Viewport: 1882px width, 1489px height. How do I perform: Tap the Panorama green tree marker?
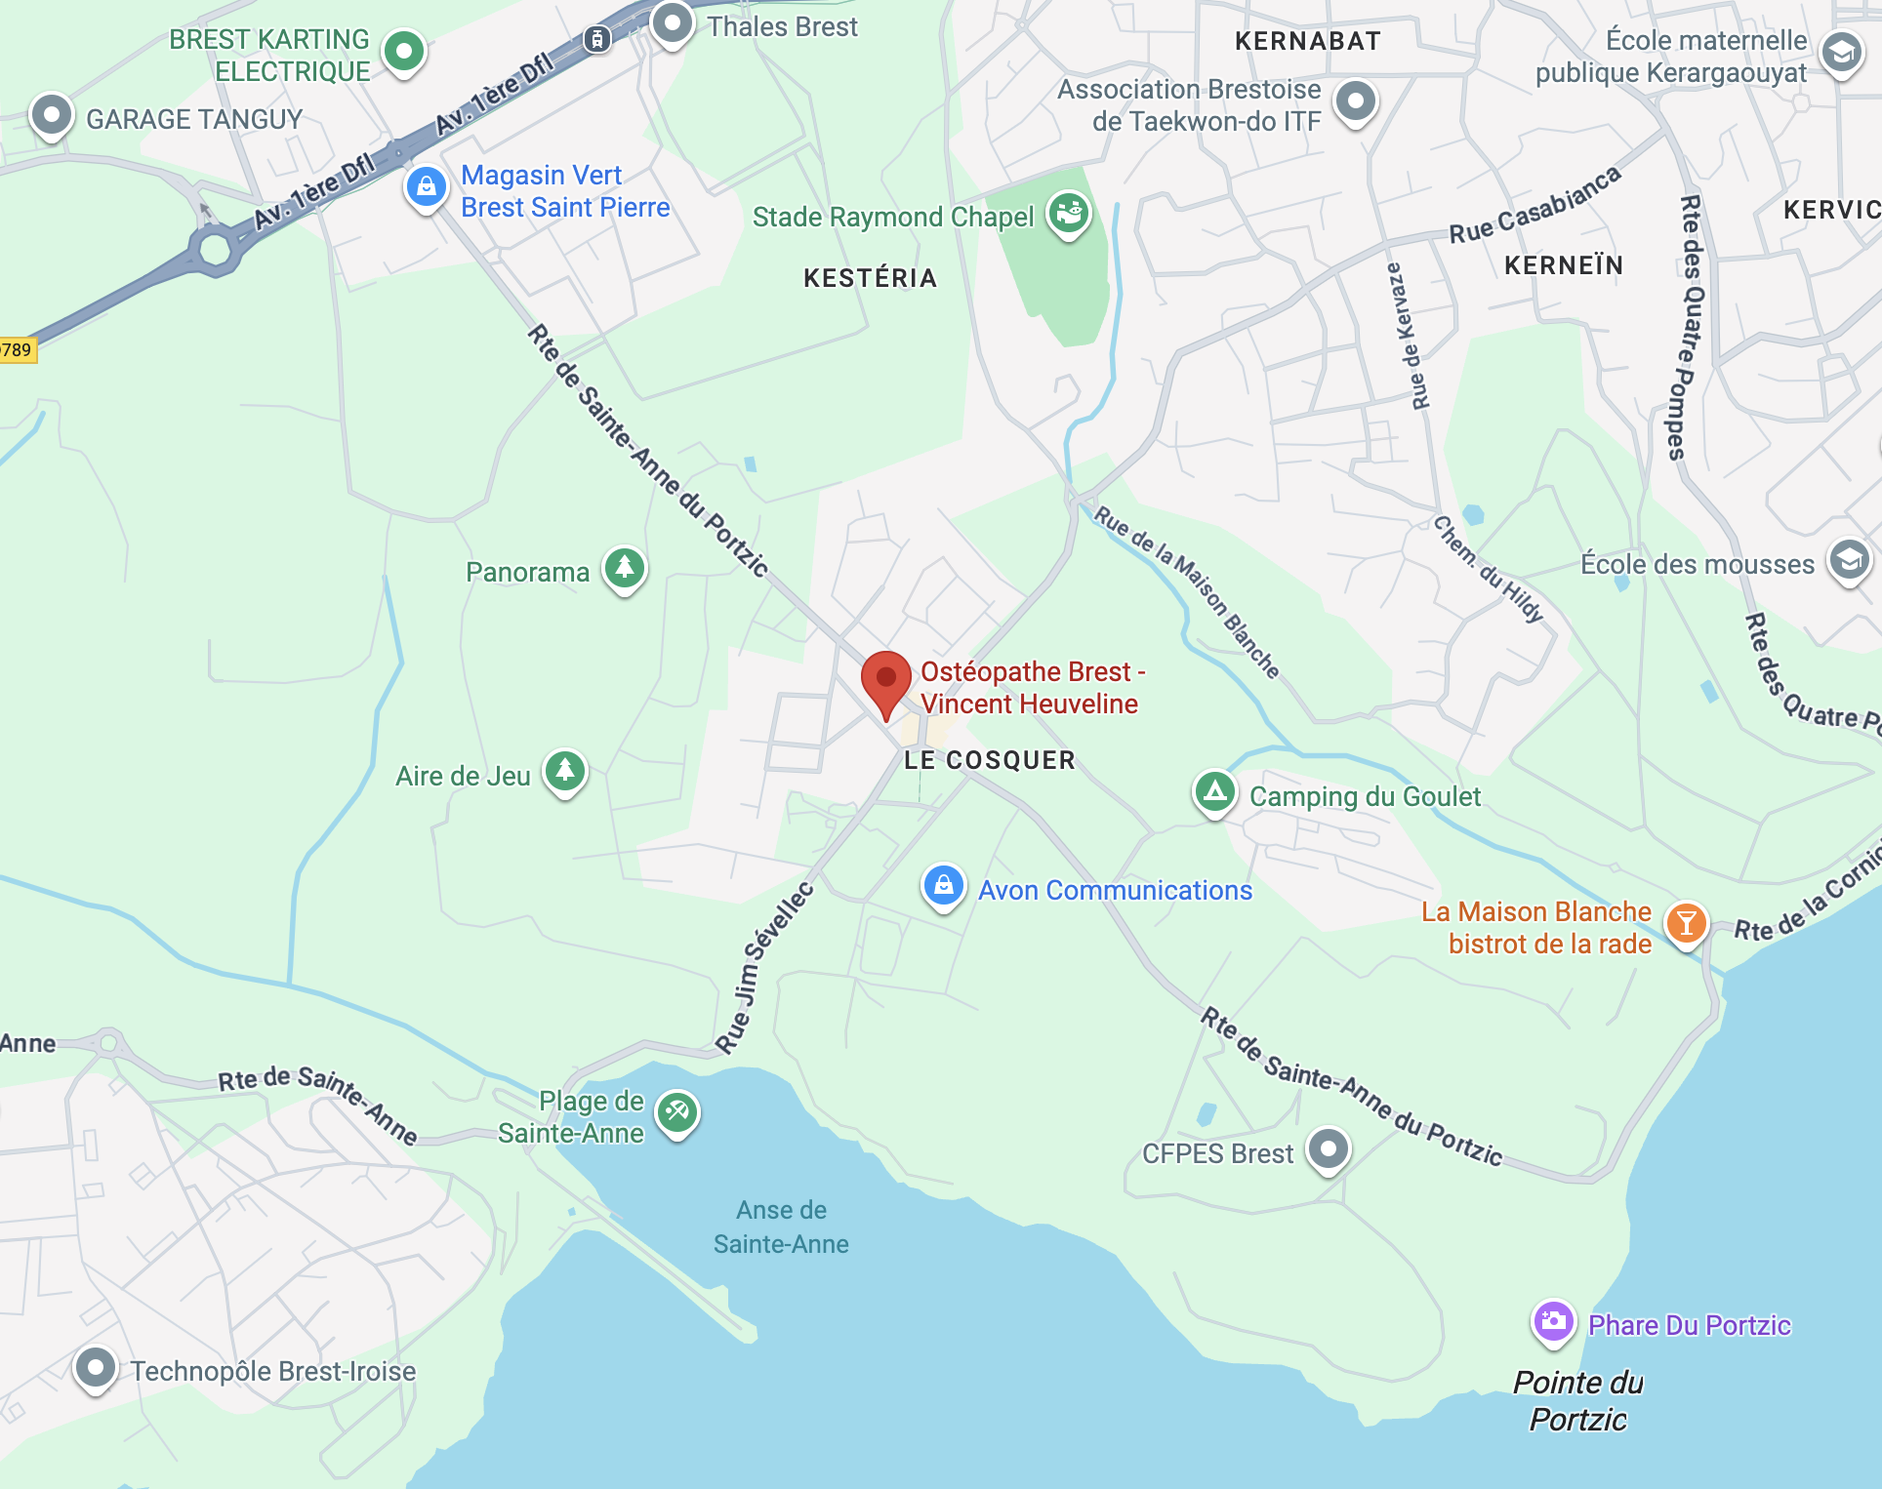pos(625,567)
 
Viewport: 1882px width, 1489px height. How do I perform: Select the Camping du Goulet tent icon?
pos(1214,791)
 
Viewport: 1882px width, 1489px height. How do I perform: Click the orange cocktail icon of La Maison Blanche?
pos(1686,922)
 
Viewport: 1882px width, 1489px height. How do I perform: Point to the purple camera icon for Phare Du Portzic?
pos(1553,1322)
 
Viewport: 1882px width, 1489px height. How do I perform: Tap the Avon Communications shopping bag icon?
pos(943,886)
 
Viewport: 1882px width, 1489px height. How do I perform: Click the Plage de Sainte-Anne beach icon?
pos(676,1111)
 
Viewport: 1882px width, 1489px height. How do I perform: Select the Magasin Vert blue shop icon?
pos(427,186)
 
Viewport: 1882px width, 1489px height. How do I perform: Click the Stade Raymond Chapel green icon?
pos(1069,212)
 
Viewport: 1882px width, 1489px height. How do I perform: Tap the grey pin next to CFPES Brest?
pos(1328,1148)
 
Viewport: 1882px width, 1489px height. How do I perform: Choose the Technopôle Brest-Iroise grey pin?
pos(96,1367)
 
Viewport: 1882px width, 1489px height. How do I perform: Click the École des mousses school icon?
pos(1849,560)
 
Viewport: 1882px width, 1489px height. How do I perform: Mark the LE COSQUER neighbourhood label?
pos(989,760)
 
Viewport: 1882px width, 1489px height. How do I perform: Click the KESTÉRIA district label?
pos(870,278)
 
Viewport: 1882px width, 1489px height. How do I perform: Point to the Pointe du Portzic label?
pos(1577,1400)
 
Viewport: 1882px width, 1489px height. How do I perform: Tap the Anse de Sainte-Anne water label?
pos(781,1227)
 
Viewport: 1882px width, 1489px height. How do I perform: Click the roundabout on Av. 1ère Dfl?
pos(216,249)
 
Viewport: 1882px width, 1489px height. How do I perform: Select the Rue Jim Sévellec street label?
pos(763,968)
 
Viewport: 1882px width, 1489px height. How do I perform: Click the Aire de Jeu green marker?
pos(565,771)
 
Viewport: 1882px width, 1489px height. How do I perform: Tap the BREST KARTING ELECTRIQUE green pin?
pos(404,50)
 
